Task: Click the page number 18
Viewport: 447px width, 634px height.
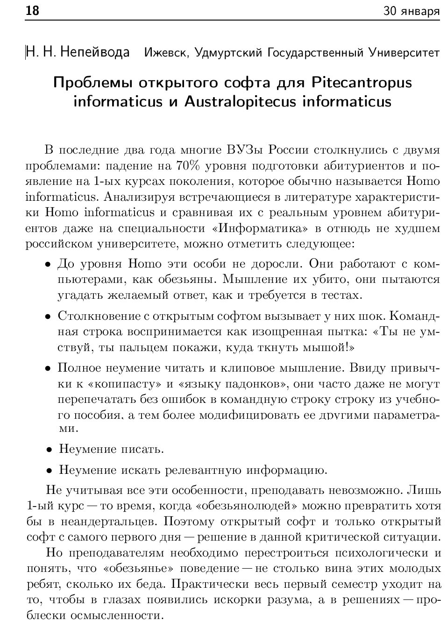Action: (32, 11)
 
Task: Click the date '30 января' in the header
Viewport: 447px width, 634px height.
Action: (412, 11)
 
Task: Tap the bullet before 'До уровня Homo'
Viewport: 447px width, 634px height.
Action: (48, 265)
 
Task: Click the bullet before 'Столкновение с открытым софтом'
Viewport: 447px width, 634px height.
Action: (48, 317)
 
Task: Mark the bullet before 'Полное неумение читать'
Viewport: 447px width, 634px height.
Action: (48, 369)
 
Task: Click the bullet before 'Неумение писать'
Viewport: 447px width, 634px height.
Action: (49, 450)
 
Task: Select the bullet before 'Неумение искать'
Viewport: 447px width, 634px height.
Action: (49, 471)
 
